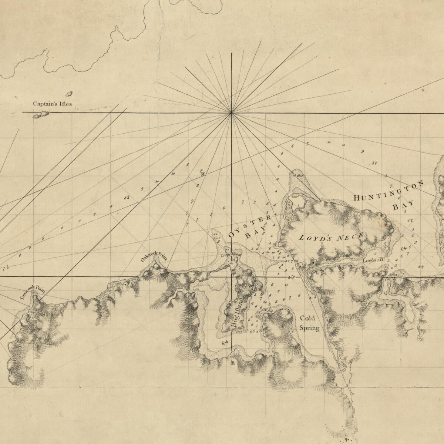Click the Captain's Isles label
click(52, 104)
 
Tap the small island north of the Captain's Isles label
click(69, 94)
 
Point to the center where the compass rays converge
click(231, 113)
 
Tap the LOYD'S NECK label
click(332, 238)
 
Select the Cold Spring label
click(309, 323)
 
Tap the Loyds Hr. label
click(374, 260)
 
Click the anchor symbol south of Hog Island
click(223, 343)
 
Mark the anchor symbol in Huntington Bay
click(404, 248)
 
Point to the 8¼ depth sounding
click(127, 197)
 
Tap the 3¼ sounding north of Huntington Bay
click(374, 163)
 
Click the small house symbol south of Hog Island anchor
click(232, 363)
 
